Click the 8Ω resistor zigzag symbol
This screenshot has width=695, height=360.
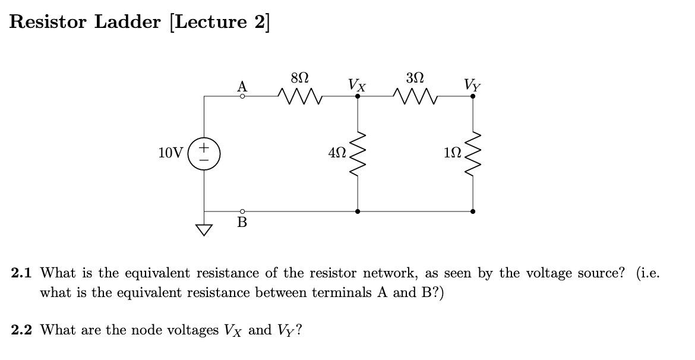300,95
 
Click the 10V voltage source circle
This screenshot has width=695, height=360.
204,153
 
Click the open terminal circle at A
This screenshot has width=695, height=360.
242,96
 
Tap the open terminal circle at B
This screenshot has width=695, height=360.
242,211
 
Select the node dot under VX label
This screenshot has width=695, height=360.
357,96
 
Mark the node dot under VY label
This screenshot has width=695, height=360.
473,96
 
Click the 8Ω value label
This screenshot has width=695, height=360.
300,78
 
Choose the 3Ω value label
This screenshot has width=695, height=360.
415,78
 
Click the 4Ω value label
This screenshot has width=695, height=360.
336,153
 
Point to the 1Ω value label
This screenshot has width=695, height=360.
452,153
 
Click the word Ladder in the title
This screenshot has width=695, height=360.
127,21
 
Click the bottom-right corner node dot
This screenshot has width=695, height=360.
473,211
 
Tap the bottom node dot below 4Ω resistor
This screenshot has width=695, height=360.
357,211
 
